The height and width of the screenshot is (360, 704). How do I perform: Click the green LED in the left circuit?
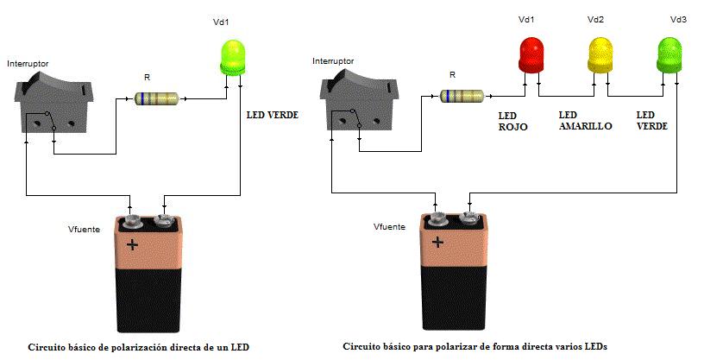[233, 56]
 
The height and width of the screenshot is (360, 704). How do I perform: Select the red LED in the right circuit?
[531, 54]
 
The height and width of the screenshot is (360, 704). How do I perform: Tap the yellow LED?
[600, 54]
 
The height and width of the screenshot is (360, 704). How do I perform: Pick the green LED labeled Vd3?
[670, 54]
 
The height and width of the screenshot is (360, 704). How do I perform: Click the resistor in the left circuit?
[158, 98]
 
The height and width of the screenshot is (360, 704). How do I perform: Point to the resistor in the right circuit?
[462, 95]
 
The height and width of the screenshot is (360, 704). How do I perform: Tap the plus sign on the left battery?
[132, 244]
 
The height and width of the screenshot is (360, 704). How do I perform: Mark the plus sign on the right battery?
[438, 242]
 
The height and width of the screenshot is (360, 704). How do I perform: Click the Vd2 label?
[595, 19]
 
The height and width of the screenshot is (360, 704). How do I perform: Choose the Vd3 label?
[678, 19]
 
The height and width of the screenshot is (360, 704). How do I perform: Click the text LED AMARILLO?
[585, 120]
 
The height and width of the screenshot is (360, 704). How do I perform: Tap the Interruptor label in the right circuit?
[333, 61]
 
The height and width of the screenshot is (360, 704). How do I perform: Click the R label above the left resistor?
[147, 78]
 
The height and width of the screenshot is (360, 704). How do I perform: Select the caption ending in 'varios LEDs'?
[475, 345]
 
